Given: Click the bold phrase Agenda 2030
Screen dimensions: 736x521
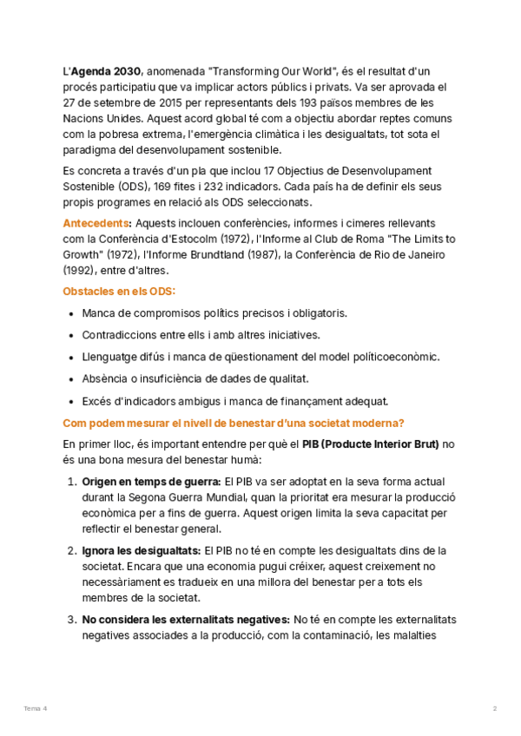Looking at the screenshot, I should tap(106, 70).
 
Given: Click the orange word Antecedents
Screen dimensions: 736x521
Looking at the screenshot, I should tap(97, 223).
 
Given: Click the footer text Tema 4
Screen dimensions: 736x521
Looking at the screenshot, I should tap(35, 709).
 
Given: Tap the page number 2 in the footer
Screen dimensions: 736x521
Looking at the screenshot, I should tap(495, 709).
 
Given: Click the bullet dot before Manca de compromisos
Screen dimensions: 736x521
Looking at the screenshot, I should tap(69, 313).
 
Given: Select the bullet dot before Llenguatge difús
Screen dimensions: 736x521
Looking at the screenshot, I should tap(69, 357).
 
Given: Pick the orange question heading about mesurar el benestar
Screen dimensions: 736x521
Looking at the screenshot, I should tap(234, 423).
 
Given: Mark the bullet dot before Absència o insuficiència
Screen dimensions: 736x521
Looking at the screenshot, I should tap(69, 379).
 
